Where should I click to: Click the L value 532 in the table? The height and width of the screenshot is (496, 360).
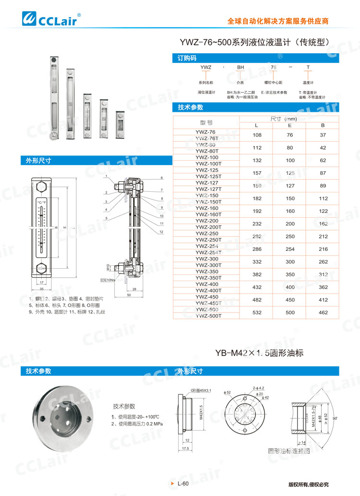(x=257, y=313)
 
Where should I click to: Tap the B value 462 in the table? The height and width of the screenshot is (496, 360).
(x=323, y=313)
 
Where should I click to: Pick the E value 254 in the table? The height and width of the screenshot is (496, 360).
(x=290, y=249)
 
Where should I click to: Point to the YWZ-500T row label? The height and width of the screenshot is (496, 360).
(x=208, y=316)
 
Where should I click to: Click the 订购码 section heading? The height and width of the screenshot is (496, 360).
(x=187, y=58)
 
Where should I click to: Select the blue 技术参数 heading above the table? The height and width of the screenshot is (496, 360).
(x=191, y=107)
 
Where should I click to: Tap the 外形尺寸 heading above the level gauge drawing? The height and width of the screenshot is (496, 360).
(x=38, y=161)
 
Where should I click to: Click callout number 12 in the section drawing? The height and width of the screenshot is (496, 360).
(x=162, y=232)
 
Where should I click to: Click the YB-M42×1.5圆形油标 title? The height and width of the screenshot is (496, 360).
(x=259, y=353)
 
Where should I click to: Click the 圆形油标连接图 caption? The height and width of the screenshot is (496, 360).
(x=289, y=451)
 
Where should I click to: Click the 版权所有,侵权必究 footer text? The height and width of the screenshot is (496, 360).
(x=308, y=484)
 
